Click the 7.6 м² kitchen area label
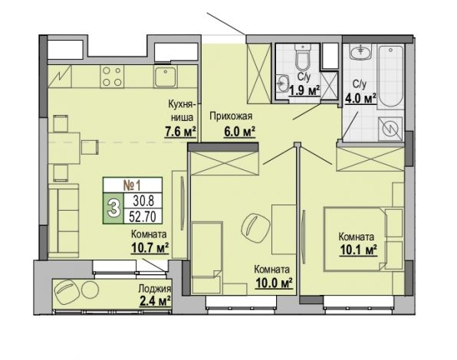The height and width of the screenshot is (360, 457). click(x=180, y=133)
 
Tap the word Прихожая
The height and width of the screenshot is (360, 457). click(x=231, y=116)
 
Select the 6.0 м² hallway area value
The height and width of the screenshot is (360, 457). click(x=239, y=132)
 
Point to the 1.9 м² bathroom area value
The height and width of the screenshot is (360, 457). click(x=304, y=91)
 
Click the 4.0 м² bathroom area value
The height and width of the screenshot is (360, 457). click(x=361, y=99)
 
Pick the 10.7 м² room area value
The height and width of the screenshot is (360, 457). click(x=150, y=248)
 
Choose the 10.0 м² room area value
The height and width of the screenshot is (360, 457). click(x=274, y=283)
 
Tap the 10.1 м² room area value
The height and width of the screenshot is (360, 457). click(x=359, y=250)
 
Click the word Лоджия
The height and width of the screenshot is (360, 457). click(x=154, y=289)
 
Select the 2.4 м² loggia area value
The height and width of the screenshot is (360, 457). click(x=155, y=302)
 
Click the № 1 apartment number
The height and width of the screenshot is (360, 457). click(x=132, y=185)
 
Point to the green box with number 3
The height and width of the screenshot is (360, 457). click(x=113, y=208)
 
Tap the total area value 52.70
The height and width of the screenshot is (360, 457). click(x=143, y=216)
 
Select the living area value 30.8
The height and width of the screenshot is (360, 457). click(x=143, y=201)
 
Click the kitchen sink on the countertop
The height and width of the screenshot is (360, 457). click(x=166, y=77)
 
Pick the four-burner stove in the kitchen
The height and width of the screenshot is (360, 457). click(x=112, y=77)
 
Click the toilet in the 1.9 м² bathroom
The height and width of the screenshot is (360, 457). click(x=303, y=57)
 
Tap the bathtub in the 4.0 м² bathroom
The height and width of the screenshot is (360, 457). click(x=390, y=77)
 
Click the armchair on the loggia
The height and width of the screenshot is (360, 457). click(x=67, y=293)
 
